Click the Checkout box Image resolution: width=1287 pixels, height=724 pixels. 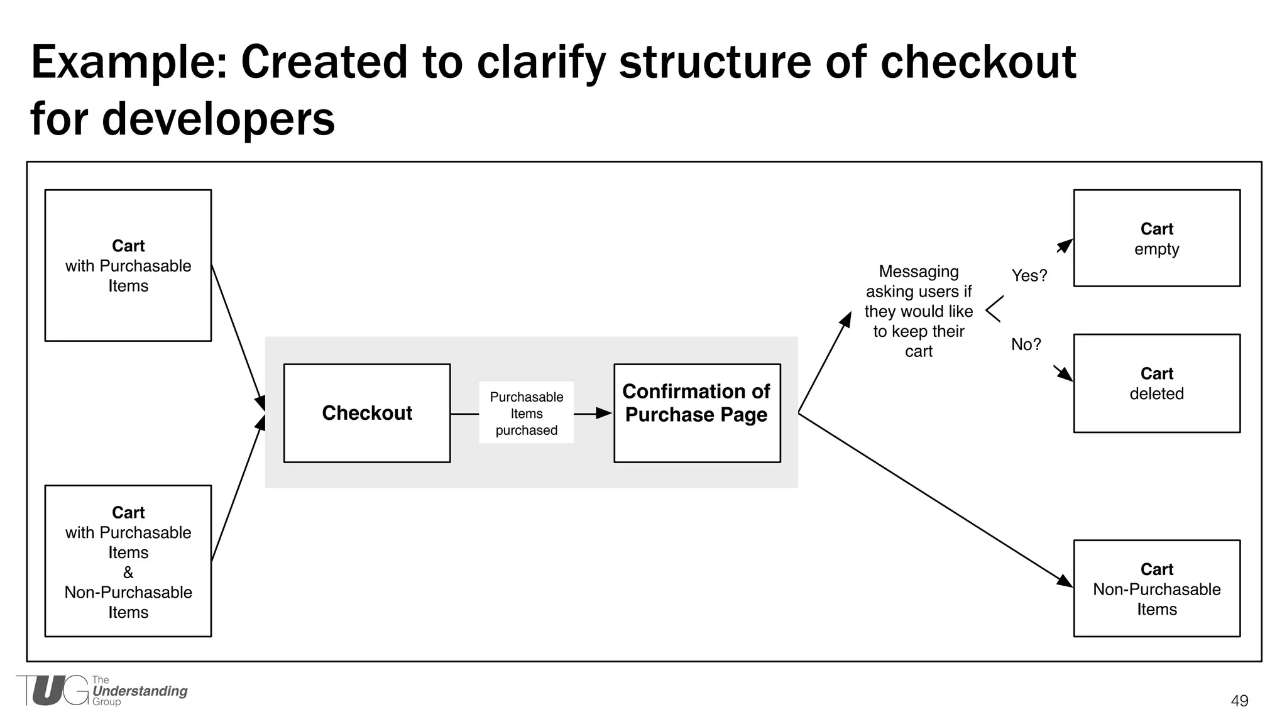367,413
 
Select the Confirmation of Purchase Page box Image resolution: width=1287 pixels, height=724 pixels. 697,413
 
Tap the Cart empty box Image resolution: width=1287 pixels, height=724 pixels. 1156,238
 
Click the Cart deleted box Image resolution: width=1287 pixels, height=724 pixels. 1156,383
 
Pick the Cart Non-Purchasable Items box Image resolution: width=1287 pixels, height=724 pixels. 1156,588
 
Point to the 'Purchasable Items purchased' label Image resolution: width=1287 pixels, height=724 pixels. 526,413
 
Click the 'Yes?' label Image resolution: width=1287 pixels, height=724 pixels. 1029,275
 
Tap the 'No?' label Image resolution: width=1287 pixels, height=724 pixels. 1026,344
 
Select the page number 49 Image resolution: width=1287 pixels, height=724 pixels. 1239,701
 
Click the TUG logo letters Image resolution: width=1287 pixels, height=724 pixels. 53,691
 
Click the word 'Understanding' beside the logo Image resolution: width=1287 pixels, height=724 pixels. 140,691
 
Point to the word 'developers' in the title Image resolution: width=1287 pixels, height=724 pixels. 217,119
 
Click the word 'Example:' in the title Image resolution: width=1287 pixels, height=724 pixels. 129,62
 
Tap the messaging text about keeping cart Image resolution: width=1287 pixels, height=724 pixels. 918,311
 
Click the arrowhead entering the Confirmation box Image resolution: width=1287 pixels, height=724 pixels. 605,413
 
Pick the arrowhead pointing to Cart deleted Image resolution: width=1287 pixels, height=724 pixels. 1065,374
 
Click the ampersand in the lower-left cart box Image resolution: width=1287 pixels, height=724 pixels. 128,572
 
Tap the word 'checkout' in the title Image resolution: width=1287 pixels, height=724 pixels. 978,62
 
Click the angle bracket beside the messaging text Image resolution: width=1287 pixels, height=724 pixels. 994,309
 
